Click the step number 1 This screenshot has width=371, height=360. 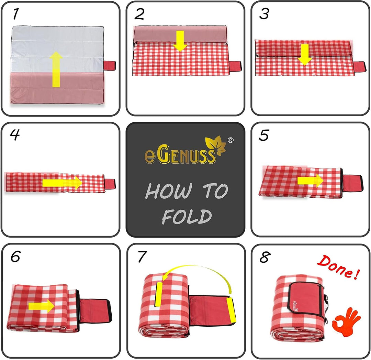click(15, 14)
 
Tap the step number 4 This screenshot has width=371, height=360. click(15, 135)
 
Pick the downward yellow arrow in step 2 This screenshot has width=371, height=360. click(180, 41)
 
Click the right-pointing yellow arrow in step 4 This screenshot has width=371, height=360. click(62, 183)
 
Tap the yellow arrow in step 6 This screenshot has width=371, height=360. click(42, 306)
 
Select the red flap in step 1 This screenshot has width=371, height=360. click(110, 66)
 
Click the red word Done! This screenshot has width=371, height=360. click(338, 267)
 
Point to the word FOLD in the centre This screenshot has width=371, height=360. click(187, 217)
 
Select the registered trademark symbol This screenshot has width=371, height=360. click(231, 140)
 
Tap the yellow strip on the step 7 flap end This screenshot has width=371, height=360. click(231, 310)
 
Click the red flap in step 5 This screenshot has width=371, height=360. click(352, 183)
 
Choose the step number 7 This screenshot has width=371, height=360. click(142, 257)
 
